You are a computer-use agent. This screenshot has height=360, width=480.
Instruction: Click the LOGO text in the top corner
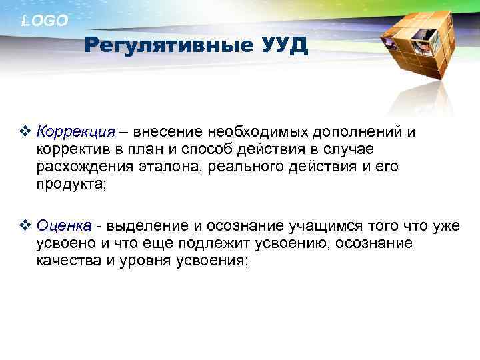(x=45, y=21)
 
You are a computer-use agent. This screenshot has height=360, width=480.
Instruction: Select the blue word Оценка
(x=64, y=227)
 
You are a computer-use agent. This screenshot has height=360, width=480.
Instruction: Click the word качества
(x=67, y=262)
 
